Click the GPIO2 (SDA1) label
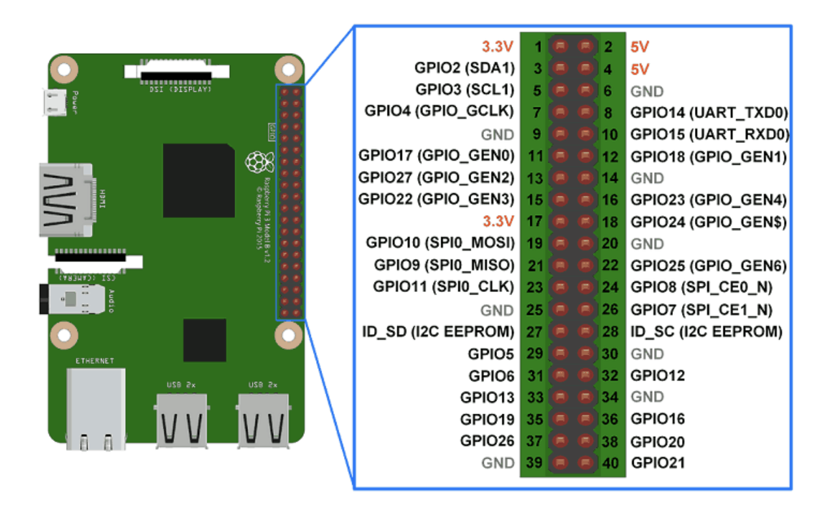(465, 68)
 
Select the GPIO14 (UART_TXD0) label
(708, 112)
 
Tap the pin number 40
(610, 463)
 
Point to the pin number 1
(537, 46)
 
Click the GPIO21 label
(658, 463)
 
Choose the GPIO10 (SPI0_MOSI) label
(440, 243)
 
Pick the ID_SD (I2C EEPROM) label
(438, 332)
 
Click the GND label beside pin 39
(498, 463)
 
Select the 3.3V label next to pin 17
(498, 221)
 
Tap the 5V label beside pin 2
(639, 46)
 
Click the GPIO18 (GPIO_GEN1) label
(708, 156)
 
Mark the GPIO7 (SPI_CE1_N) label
(701, 310)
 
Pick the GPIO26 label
(487, 441)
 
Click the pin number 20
(611, 243)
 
